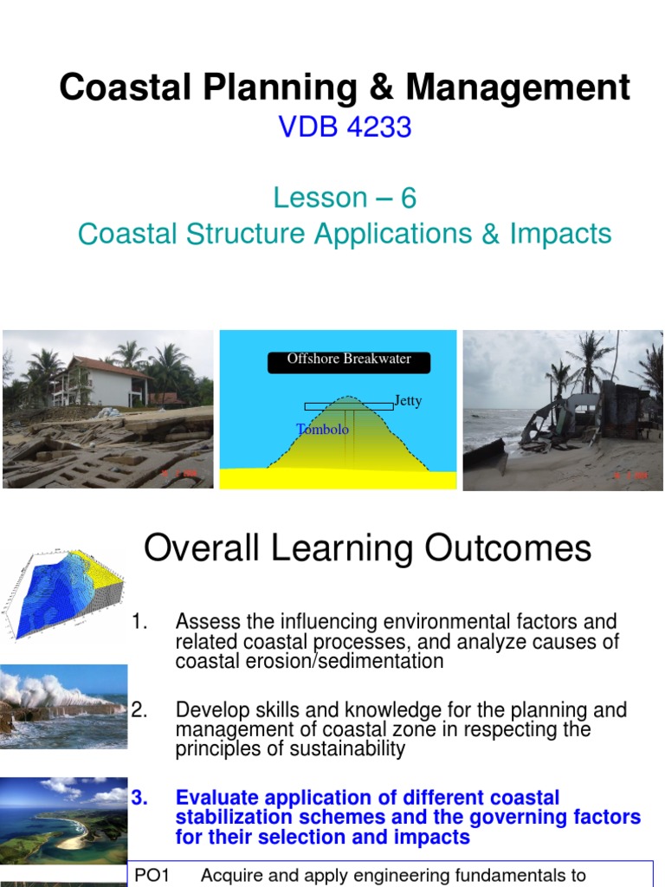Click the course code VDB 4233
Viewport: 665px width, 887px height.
tap(345, 128)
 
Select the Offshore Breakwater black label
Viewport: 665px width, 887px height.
tap(349, 359)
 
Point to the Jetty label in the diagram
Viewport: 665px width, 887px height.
tap(408, 401)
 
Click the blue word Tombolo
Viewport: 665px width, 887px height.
tap(323, 430)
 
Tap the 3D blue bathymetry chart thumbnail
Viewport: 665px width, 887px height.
tap(63, 592)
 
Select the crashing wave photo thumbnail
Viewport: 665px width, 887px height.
tap(63, 706)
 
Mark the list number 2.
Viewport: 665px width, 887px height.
tap(139, 710)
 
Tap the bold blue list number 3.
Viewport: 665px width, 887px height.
tap(139, 798)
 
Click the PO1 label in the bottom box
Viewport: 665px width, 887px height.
tap(152, 876)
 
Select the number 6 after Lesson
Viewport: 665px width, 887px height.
tap(408, 198)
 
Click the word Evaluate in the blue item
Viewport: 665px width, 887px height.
tap(217, 798)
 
